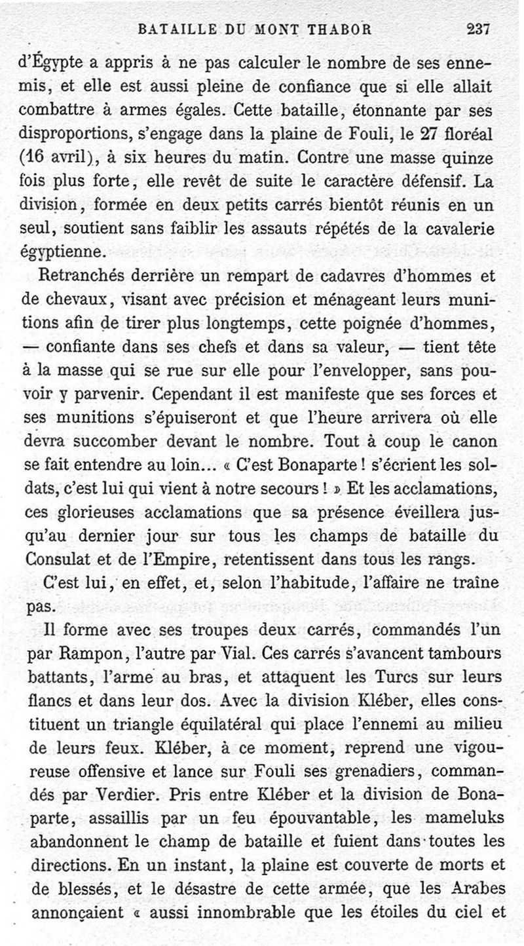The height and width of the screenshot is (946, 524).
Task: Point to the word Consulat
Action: tap(60, 561)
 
